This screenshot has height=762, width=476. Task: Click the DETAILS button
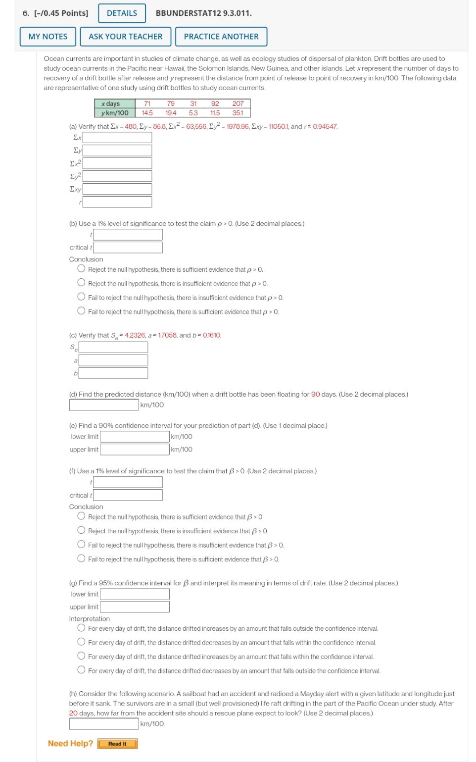[x=122, y=13]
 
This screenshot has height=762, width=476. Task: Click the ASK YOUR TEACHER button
[x=125, y=37]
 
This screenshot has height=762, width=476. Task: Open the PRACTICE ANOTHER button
[x=221, y=37]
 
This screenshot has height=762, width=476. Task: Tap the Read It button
[x=117, y=744]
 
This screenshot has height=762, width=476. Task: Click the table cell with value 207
[x=238, y=103]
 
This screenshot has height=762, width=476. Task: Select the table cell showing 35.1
[x=238, y=113]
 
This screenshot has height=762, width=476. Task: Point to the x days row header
[x=115, y=103]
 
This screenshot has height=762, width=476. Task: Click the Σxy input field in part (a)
[x=117, y=189]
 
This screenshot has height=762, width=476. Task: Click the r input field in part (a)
[x=117, y=202]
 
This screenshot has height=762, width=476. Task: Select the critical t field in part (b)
[x=128, y=248]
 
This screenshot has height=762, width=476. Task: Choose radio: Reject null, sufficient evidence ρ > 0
[x=81, y=269]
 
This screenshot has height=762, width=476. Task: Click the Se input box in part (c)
[x=113, y=348]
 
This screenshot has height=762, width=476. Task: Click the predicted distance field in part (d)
[x=104, y=405]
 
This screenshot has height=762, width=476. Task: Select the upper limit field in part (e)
[x=135, y=450]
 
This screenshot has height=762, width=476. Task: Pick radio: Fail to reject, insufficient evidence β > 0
[x=81, y=545]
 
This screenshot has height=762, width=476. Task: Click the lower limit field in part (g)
[x=135, y=594]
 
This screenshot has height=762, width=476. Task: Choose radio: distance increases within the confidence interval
[x=81, y=656]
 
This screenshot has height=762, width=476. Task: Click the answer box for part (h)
[x=104, y=724]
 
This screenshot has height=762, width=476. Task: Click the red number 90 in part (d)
[x=315, y=395]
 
